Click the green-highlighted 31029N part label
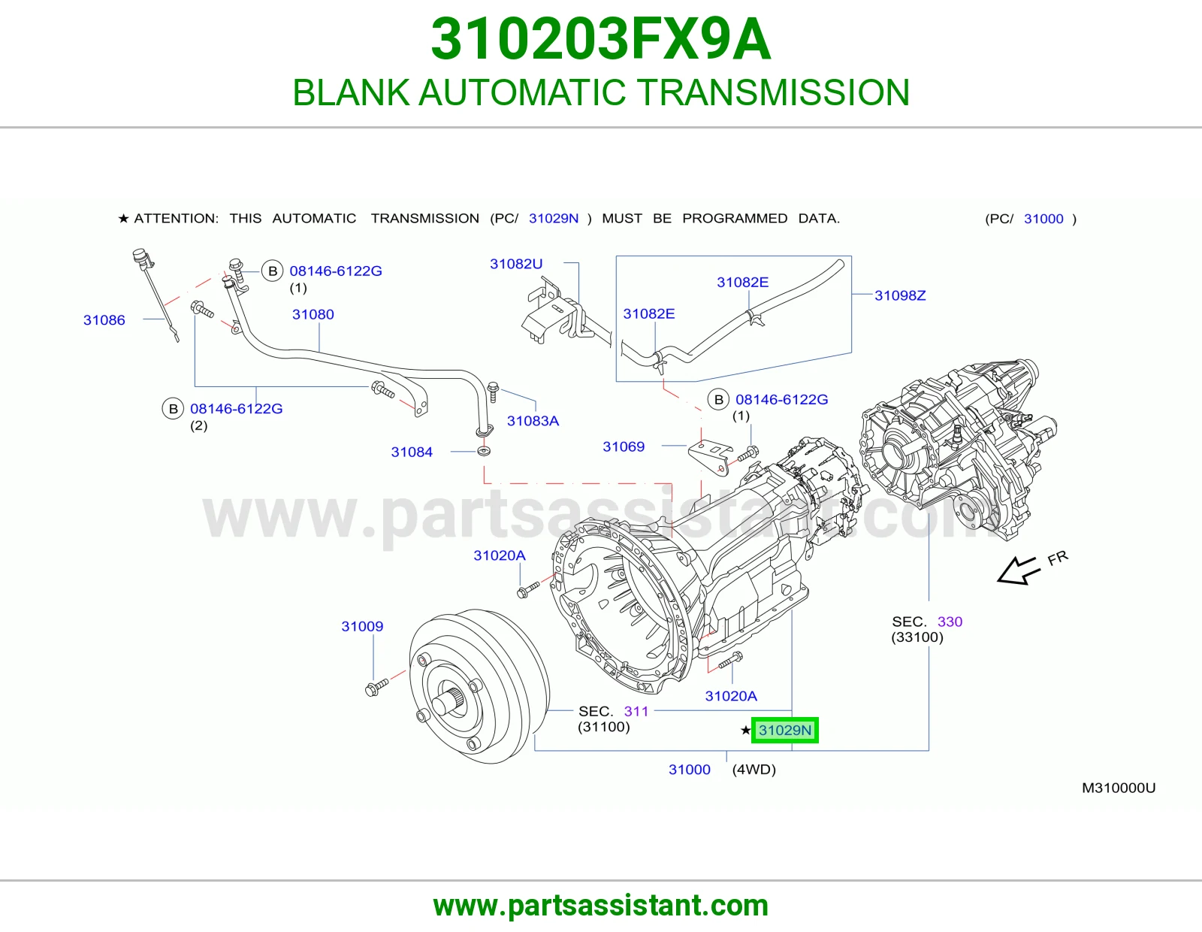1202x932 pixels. coord(784,730)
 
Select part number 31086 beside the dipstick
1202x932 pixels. coord(104,320)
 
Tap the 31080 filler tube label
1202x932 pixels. coord(313,314)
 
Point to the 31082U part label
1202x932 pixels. coord(516,264)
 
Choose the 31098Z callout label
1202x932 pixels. coord(900,295)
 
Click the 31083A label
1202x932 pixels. coord(533,421)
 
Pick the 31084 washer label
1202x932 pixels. coord(412,452)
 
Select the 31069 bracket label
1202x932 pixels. coord(624,446)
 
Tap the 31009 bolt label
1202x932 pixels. coord(362,627)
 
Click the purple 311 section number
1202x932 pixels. coord(636,711)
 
